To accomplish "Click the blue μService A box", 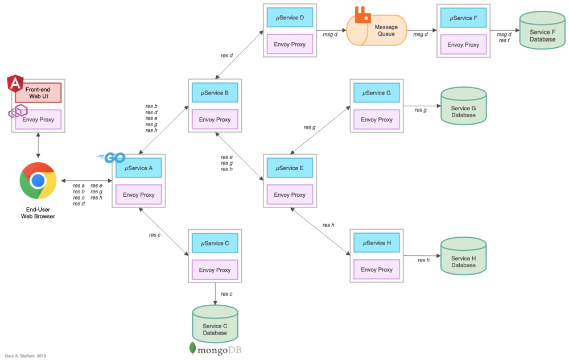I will (x=139, y=168).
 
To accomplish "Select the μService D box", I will (x=290, y=18).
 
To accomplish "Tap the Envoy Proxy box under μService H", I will (x=377, y=270).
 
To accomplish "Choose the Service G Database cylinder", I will (x=463, y=106).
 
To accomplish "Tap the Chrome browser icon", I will (x=38, y=181).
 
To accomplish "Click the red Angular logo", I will (x=15, y=84).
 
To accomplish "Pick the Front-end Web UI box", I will (x=38, y=93).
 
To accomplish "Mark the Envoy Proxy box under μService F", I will (x=463, y=44).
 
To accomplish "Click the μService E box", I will (x=290, y=168).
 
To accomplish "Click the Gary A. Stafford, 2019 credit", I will (x=26, y=355).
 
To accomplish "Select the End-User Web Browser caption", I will (x=38, y=213).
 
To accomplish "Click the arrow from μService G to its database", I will (x=421, y=105).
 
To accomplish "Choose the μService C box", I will (x=215, y=243).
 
